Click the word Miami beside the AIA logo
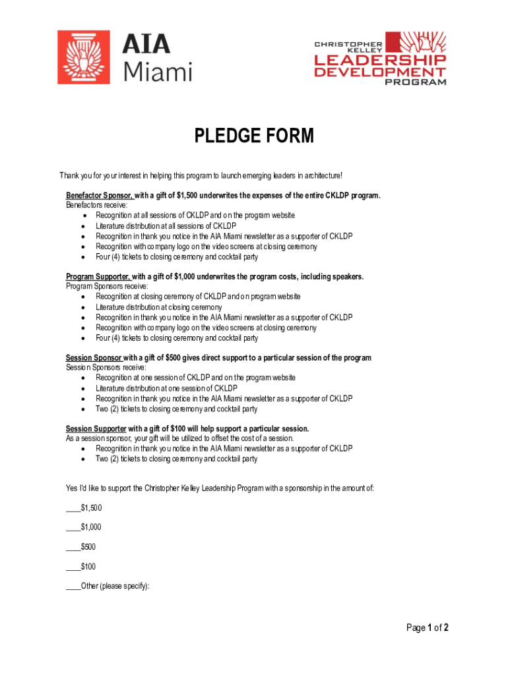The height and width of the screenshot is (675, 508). pyautogui.click(x=158, y=71)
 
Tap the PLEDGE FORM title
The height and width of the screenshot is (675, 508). pyautogui.click(x=254, y=136)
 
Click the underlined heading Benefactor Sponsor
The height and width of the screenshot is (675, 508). pyautogui.click(x=99, y=196)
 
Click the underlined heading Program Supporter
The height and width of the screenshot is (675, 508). pyautogui.click(x=98, y=277)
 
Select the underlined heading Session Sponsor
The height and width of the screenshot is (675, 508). pyautogui.click(x=94, y=358)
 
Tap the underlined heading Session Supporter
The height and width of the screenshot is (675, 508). pyautogui.click(x=96, y=428)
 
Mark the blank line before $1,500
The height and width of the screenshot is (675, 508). pyautogui.click(x=73, y=508)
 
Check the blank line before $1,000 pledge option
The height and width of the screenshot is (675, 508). pyautogui.click(x=73, y=527)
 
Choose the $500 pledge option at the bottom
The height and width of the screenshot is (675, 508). pyautogui.click(x=88, y=547)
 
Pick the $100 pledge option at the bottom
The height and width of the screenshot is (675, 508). pyautogui.click(x=88, y=566)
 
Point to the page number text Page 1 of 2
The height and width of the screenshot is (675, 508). pyautogui.click(x=427, y=628)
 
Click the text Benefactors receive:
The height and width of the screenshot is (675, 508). pyautogui.click(x=96, y=205)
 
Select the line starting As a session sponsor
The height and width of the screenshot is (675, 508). pyautogui.click(x=179, y=438)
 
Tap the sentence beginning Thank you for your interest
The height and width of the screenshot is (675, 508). pyautogui.click(x=201, y=175)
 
